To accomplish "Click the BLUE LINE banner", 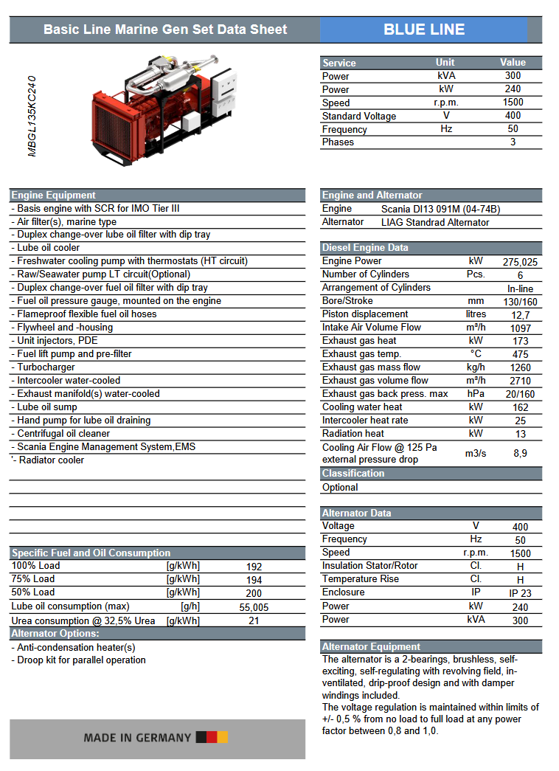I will click(424, 30).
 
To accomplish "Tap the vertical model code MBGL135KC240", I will click(32, 115).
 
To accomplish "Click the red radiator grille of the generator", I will click(114, 122).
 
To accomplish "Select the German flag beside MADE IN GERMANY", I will click(212, 737).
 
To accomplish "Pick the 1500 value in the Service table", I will click(513, 103).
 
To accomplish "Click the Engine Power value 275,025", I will click(520, 262).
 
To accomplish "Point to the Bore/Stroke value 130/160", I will click(520, 302).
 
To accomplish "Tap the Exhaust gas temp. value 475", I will click(520, 354).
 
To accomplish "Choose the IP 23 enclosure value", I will click(520, 593).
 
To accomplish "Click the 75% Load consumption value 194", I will click(254, 581).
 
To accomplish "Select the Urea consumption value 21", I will click(254, 621).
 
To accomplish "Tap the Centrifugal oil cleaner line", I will click(63, 434).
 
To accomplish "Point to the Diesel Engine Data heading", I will click(365, 247).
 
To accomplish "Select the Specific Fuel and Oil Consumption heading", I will click(91, 553).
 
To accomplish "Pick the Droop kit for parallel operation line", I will click(81, 660).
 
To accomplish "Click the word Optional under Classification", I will click(340, 488).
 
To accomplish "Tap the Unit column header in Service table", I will click(445, 63).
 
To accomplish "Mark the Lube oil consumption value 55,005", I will click(254, 608).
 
